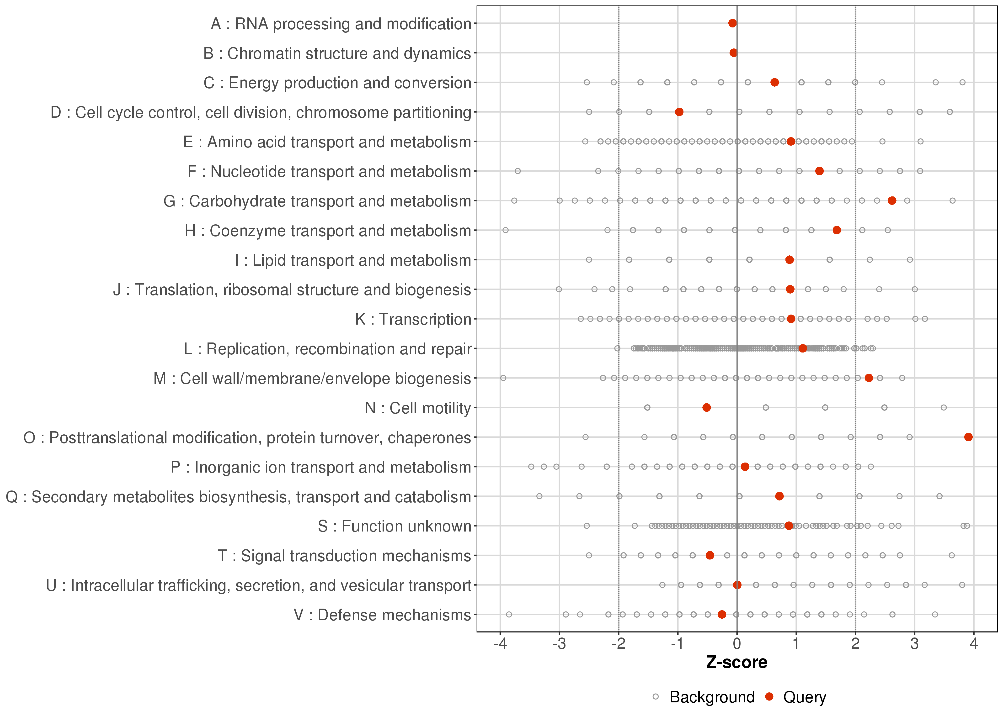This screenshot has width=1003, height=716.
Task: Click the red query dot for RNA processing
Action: [732, 23]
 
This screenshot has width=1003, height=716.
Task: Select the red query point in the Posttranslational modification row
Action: [968, 437]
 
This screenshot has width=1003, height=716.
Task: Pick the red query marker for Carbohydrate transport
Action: [892, 201]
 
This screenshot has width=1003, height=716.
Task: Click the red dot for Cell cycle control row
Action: [679, 112]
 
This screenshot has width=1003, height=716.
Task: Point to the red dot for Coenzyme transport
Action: [837, 230]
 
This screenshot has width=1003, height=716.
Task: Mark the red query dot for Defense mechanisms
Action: [722, 614]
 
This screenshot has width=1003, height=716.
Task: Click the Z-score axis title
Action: [736, 662]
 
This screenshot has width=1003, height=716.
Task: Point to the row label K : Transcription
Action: [413, 319]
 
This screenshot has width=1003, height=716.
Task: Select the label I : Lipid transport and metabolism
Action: [353, 260]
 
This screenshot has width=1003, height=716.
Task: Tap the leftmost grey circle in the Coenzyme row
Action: [506, 230]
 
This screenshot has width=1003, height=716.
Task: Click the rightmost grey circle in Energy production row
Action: [962, 82]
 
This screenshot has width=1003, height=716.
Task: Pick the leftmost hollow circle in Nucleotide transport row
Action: [518, 171]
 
